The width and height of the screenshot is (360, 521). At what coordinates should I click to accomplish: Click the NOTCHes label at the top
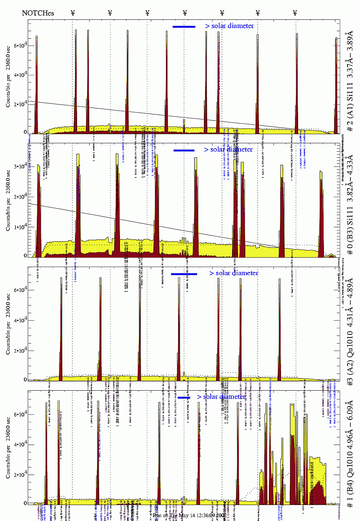tap(38, 13)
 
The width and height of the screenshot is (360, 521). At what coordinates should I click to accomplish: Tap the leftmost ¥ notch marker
tap(73, 13)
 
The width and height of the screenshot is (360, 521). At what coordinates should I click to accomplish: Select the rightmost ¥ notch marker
tap(295, 13)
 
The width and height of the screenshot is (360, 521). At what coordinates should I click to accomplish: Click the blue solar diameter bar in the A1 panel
tap(184, 27)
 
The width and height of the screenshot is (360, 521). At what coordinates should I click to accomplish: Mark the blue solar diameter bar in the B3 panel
tap(184, 150)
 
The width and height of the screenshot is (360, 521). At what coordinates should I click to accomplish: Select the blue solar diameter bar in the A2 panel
tap(184, 274)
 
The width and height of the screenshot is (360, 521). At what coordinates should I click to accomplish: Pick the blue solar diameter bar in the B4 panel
tap(184, 398)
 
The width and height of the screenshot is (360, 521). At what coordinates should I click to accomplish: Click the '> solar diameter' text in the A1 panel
tap(229, 26)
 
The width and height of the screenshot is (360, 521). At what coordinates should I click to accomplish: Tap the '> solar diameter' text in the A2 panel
tap(234, 273)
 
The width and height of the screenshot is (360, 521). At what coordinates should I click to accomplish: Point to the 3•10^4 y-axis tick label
tap(20, 166)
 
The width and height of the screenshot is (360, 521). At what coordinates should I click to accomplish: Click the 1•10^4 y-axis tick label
tap(20, 226)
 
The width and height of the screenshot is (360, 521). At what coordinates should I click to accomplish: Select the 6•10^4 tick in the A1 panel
tap(20, 46)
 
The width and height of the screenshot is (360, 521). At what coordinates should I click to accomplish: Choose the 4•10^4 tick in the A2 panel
tap(20, 320)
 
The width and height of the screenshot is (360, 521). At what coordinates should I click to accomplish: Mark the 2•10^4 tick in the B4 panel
tap(20, 475)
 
